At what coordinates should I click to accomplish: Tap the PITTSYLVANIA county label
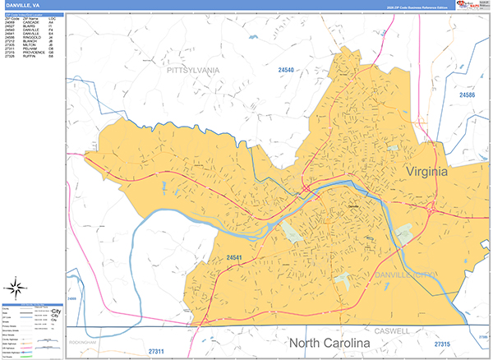(193, 72)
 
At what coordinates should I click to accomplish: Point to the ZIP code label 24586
(468, 96)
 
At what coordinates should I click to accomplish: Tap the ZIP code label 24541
(238, 259)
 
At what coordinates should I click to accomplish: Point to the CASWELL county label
(391, 331)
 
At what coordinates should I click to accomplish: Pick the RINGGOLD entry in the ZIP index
(24, 37)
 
